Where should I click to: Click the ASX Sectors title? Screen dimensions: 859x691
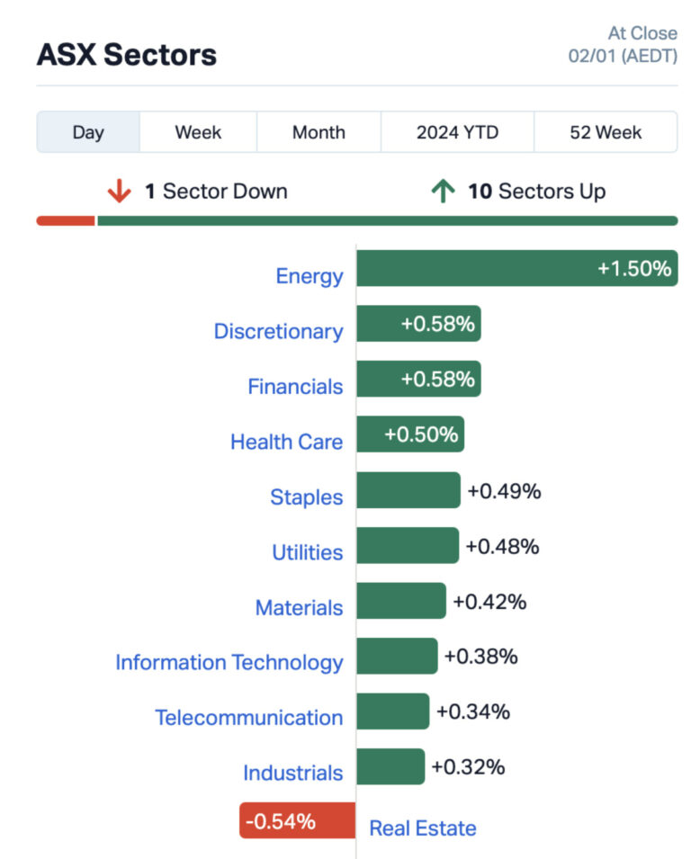click(126, 55)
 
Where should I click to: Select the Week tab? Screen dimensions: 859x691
click(198, 132)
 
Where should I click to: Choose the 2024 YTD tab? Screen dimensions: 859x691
click(457, 132)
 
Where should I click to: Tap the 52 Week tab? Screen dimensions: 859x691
click(606, 132)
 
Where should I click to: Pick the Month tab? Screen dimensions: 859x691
click(319, 132)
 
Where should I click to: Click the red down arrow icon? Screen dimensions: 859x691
click(119, 192)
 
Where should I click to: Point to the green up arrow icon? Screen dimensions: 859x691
click(442, 192)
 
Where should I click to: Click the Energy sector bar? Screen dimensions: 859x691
click(516, 268)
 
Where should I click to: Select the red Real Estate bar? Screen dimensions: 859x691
click(297, 821)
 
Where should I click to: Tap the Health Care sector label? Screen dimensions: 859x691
click(286, 442)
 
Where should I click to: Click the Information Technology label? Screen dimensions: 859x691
click(229, 663)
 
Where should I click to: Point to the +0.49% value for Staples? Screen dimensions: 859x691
click(503, 491)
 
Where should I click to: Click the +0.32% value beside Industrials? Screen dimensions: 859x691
click(467, 767)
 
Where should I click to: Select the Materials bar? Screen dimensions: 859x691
click(400, 601)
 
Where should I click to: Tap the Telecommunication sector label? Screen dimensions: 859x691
click(248, 718)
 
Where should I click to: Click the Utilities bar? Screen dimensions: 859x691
click(407, 545)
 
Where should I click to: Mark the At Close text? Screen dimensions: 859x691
click(642, 33)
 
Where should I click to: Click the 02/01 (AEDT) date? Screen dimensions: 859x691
click(623, 56)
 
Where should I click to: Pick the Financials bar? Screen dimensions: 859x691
click(418, 379)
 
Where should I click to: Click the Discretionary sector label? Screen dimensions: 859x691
click(278, 331)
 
